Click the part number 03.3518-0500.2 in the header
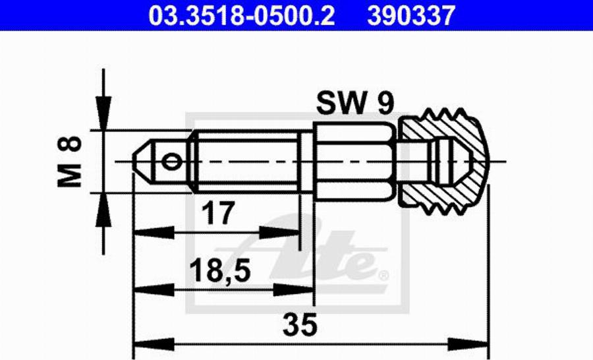[x=242, y=16]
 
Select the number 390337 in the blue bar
[x=411, y=16]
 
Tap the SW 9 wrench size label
[x=355, y=103]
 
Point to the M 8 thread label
[x=69, y=162]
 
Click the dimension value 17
[x=218, y=213]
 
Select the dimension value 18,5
[x=220, y=271]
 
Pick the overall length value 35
[x=300, y=324]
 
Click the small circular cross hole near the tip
[x=171, y=162]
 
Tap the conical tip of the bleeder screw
[x=142, y=162]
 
